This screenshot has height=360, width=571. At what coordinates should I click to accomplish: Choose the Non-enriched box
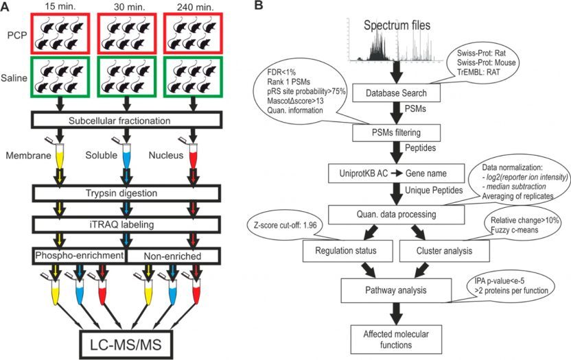pyautogui.click(x=172, y=254)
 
